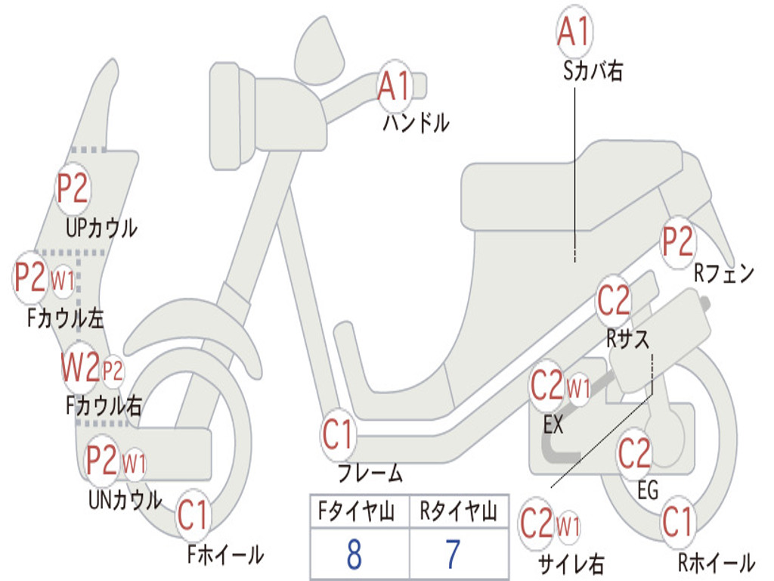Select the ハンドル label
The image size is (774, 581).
(x=416, y=122)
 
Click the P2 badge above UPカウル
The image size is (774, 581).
(x=73, y=188)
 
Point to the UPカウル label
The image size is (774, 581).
(x=101, y=227)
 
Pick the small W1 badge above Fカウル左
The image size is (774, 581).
(x=63, y=281)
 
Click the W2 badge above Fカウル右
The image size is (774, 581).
(x=80, y=368)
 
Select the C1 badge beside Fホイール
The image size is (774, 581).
(x=193, y=517)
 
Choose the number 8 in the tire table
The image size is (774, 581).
(x=354, y=555)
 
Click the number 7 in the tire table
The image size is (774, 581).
(x=453, y=555)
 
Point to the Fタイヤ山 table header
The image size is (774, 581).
(x=354, y=513)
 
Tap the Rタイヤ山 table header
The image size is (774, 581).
(x=458, y=513)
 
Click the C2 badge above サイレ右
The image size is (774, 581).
(x=537, y=524)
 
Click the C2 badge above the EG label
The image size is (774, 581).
(x=634, y=454)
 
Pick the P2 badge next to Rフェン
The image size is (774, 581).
(x=677, y=242)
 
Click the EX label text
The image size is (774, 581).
(x=553, y=425)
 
